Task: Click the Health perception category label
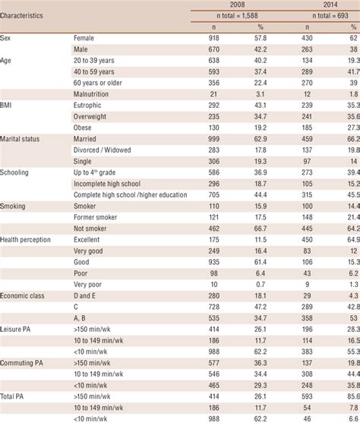point(27,239)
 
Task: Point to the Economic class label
point(23,295)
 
